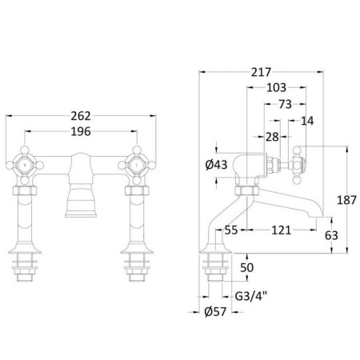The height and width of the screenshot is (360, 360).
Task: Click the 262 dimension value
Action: point(81,116)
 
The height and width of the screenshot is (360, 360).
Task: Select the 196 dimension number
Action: point(81,131)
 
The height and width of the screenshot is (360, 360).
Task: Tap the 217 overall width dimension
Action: point(261,72)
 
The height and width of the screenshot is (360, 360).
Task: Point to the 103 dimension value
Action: point(276,87)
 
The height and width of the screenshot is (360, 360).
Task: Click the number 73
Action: point(285,104)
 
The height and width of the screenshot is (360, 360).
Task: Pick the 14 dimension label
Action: point(307,121)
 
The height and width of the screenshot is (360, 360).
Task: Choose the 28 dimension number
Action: point(272,137)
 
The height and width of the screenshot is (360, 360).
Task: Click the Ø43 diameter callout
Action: point(216,165)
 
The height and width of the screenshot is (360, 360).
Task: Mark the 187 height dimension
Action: point(346,200)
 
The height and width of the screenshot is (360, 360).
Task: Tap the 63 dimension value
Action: point(331,235)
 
